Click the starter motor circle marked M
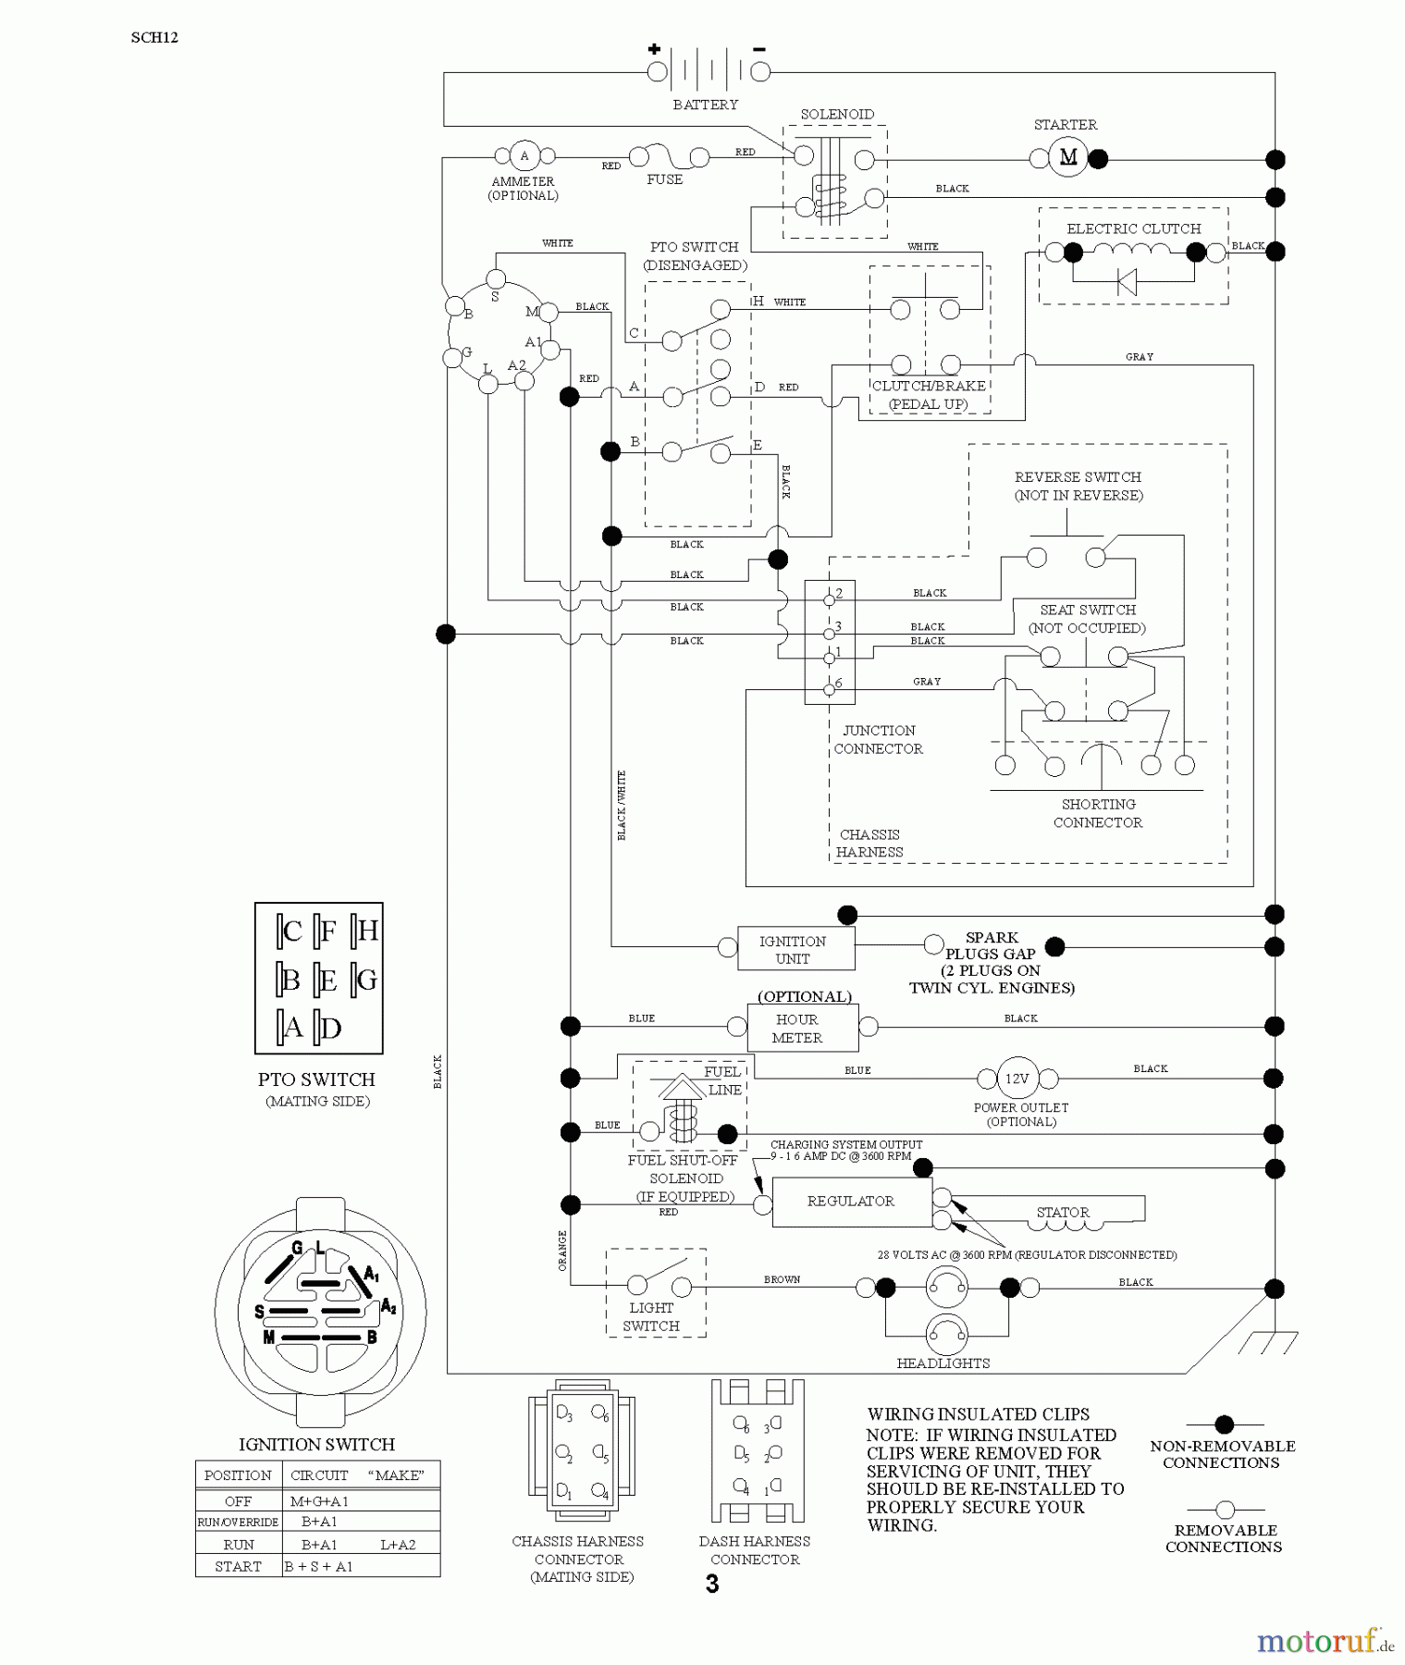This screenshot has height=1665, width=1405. [1067, 157]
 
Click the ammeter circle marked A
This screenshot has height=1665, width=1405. [524, 156]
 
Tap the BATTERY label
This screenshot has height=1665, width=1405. [705, 105]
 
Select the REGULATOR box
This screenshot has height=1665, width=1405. [851, 1202]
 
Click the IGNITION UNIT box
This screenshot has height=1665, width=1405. [795, 949]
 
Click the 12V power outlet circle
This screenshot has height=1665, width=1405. [1017, 1079]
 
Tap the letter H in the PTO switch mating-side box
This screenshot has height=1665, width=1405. [368, 931]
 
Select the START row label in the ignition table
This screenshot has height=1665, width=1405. [238, 1566]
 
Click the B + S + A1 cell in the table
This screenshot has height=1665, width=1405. [319, 1566]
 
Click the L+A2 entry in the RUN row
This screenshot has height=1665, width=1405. [398, 1544]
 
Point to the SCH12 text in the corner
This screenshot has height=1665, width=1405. [154, 38]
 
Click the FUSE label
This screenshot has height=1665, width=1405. [664, 179]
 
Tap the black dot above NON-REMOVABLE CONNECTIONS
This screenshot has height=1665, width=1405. [1225, 1424]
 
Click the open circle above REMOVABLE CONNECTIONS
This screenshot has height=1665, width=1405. [1225, 1510]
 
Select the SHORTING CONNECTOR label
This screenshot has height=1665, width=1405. [1098, 813]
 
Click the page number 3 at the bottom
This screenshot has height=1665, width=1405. [711, 1585]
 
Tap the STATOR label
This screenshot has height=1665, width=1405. [1063, 1212]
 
